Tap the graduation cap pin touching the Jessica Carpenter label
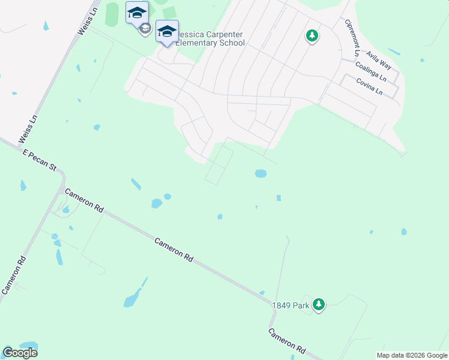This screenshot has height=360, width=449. point(166,31)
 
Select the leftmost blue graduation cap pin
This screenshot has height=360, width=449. point(137,13)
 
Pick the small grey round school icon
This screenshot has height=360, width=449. point(145,29)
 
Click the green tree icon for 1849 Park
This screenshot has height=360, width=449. point(319,305)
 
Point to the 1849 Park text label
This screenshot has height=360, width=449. point(290,305)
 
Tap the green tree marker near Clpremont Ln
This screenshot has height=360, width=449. point(312,36)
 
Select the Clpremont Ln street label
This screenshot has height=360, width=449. point(352,37)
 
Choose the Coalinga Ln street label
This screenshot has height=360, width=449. point(371,71)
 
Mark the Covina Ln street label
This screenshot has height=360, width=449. point(369,86)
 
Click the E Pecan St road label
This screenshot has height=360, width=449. point(40,162)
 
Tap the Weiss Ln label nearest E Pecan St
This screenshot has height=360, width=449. point(28,128)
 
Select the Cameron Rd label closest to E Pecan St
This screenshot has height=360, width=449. point(84,202)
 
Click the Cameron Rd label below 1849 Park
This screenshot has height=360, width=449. point(286,341)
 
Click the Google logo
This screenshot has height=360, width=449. point(20,352)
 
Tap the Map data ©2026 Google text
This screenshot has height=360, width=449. point(412,355)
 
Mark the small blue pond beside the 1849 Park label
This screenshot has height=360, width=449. point(262,293)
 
